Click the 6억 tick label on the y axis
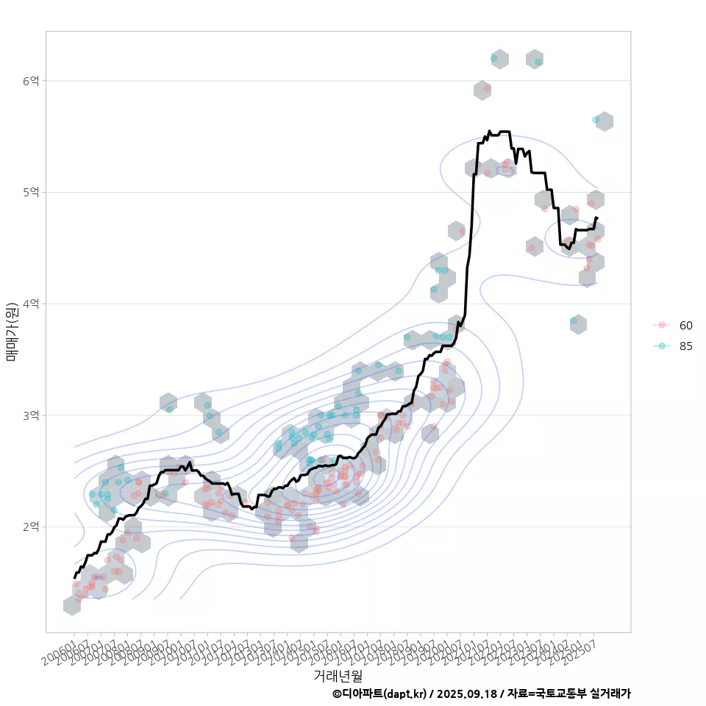click(x=30, y=80)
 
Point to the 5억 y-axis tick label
click(x=30, y=192)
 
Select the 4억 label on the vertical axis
click(x=30, y=304)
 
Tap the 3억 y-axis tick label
click(x=30, y=416)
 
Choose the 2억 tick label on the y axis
click(x=30, y=527)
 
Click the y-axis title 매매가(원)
click(x=11, y=332)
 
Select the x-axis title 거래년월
click(x=338, y=675)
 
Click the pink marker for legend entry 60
click(x=662, y=325)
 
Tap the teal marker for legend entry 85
click(x=662, y=346)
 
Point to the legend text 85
click(x=686, y=346)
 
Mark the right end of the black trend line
click(x=597, y=218)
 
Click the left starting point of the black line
click(x=74, y=578)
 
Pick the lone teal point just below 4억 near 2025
click(x=574, y=321)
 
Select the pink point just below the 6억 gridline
click(x=487, y=88)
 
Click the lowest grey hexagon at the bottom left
click(x=72, y=605)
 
